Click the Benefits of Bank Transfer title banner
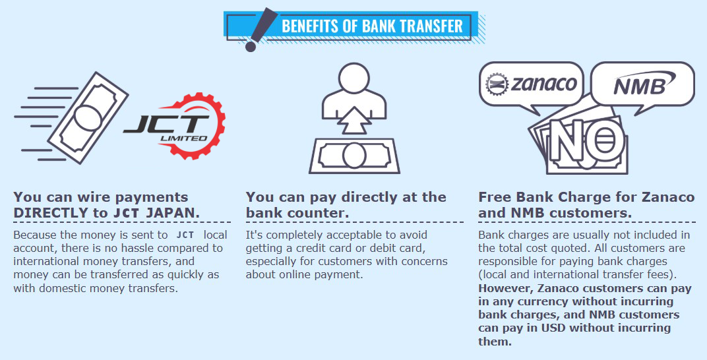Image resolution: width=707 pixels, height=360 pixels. (x=354, y=27)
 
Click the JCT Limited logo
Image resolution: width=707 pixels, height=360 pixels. (x=175, y=126)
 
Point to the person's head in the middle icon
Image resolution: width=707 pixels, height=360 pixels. (x=353, y=78)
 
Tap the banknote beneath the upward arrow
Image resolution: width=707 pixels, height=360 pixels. (x=354, y=156)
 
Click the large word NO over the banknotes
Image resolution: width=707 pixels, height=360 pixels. (x=588, y=140)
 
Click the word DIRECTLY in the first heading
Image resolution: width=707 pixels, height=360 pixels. (x=51, y=213)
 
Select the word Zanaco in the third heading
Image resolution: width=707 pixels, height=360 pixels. (x=668, y=197)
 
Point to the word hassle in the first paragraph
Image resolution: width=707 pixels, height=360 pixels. (x=137, y=249)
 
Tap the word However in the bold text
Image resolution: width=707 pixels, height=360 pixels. (x=507, y=288)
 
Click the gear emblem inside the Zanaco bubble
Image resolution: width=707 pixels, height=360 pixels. (x=497, y=84)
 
